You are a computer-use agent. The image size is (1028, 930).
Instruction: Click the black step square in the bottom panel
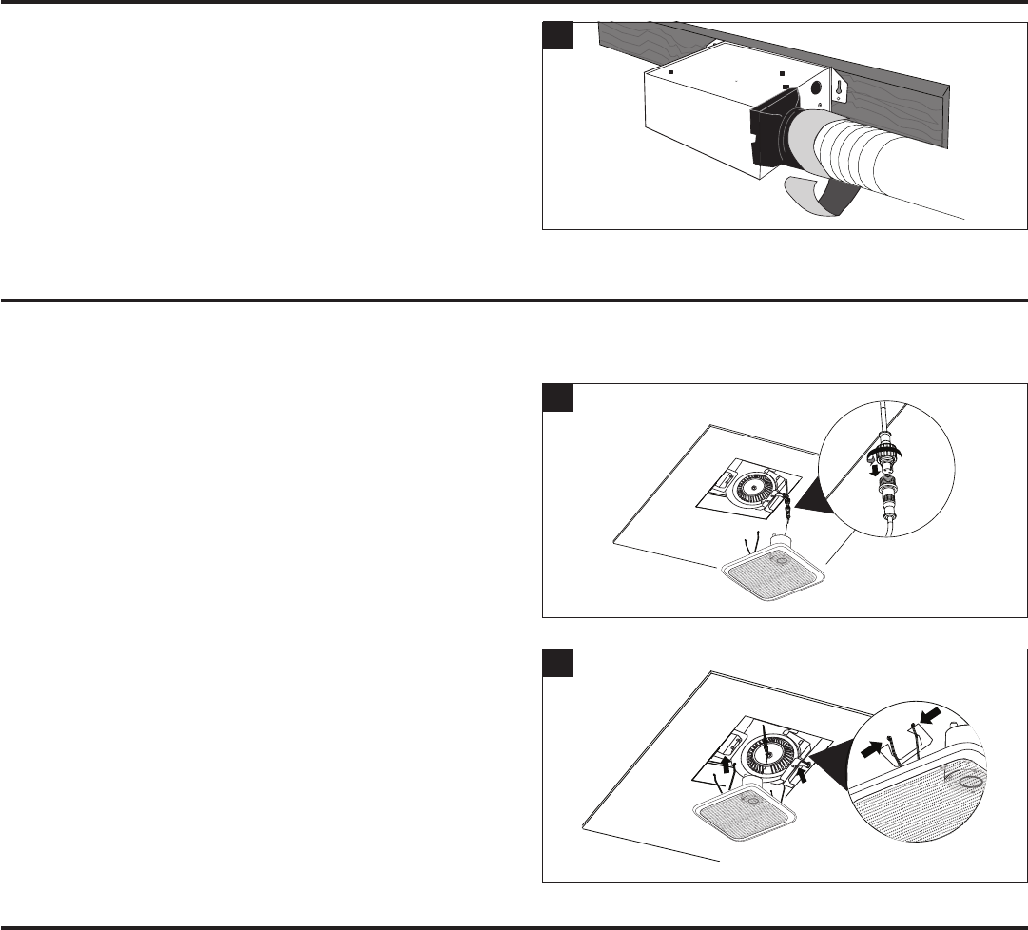pyautogui.click(x=556, y=663)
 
